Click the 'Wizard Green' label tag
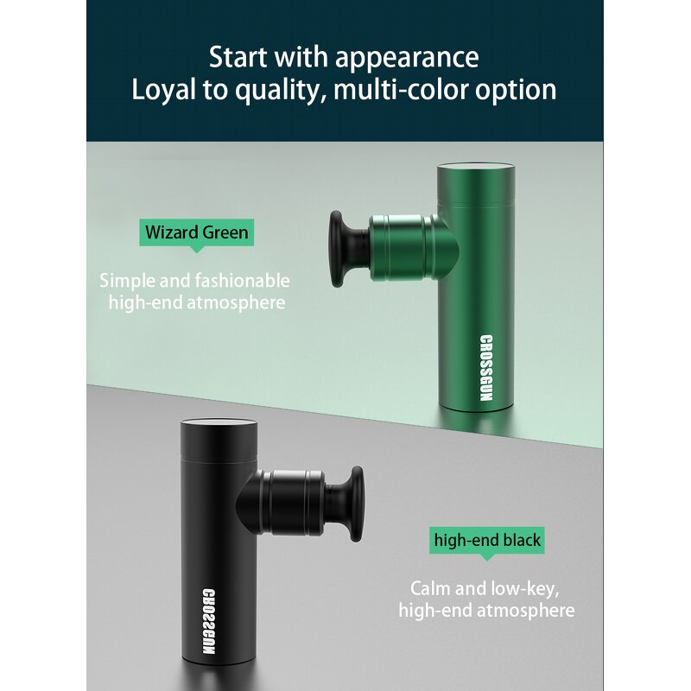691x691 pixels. (197, 232)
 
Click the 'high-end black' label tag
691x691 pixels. (487, 541)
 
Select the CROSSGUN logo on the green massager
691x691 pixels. (485, 369)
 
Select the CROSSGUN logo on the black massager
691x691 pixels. (209, 621)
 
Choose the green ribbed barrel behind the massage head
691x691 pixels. (402, 248)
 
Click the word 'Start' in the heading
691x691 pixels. (238, 57)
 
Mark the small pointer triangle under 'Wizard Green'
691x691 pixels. (197, 250)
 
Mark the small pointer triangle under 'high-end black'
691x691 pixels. (487, 557)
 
